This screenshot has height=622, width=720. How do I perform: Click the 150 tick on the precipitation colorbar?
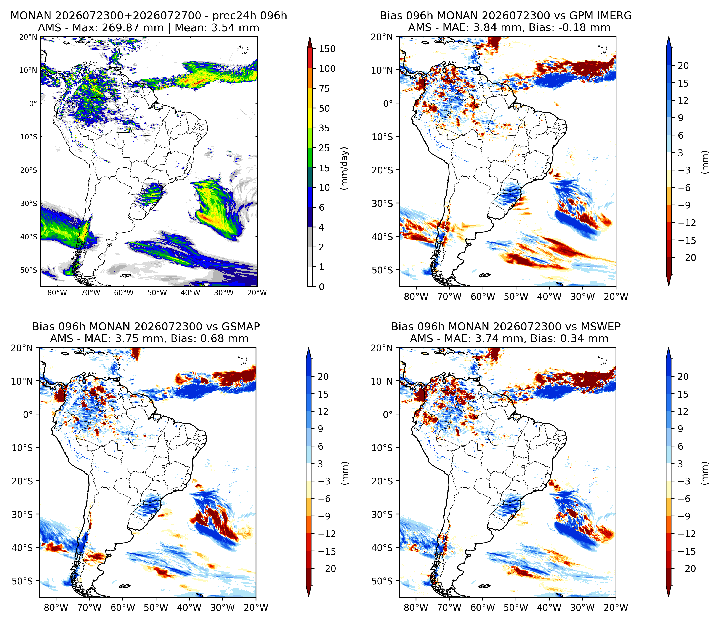pos(327,49)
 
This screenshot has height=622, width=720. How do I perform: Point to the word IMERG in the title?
pos(615,16)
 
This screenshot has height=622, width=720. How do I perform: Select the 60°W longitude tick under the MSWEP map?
pos(483,608)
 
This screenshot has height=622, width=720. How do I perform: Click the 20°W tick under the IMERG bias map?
pos(616,297)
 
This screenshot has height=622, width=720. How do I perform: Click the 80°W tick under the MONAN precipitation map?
pos(57,293)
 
